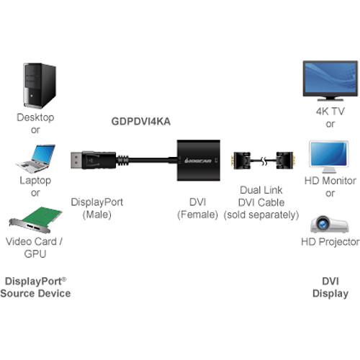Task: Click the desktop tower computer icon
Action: (40, 85)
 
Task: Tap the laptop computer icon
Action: (35, 157)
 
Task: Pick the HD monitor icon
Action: (329, 156)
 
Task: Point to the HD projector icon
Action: (330, 222)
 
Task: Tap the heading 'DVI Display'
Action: (330, 286)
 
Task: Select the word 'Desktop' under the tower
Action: (35, 117)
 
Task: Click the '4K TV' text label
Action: (330, 112)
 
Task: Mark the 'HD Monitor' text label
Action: (330, 181)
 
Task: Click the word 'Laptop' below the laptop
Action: (35, 181)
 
